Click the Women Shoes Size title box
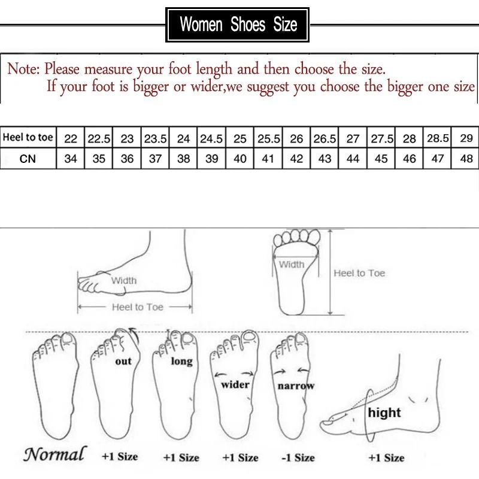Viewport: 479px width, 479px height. click(238, 25)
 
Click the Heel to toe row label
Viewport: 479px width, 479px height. click(28, 138)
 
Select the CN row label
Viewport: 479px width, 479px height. click(28, 159)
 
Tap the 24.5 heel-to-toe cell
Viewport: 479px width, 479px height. click(211, 138)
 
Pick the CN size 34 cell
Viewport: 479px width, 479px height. click(71, 159)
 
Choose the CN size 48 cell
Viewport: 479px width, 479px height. click(466, 159)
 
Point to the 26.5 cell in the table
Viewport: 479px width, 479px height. click(325, 138)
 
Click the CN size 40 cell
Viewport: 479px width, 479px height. click(239, 159)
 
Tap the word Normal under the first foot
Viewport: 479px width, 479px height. click(54, 454)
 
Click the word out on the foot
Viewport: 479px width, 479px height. click(123, 361)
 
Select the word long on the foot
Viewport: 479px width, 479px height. click(181, 361)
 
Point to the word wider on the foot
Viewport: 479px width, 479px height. click(235, 384)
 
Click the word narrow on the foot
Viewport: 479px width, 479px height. click(296, 386)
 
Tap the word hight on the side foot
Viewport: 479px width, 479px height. click(384, 413)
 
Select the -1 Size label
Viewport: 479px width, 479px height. click(298, 457)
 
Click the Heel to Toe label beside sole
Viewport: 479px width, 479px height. click(359, 273)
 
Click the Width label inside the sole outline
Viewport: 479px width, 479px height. click(292, 264)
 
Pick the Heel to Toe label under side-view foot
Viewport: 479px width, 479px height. click(137, 307)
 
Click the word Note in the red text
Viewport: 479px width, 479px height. click(23, 69)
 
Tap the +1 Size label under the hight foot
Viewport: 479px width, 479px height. click(386, 457)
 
